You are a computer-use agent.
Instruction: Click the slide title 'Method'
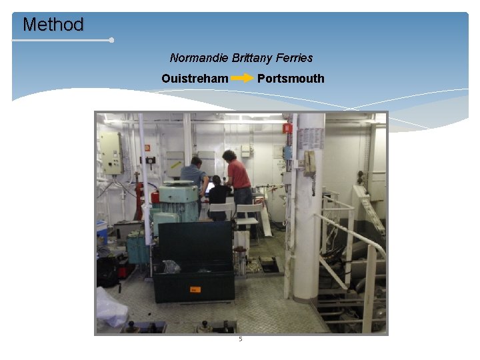point(53,25)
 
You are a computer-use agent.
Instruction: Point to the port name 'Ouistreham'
point(195,79)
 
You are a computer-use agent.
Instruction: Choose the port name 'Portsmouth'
point(291,79)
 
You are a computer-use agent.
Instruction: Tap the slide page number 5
point(241,339)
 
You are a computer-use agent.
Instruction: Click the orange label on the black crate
point(195,289)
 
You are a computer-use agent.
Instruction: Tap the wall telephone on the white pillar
point(310,163)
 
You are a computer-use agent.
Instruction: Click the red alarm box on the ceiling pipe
point(287,128)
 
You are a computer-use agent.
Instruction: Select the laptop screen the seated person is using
point(209,188)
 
